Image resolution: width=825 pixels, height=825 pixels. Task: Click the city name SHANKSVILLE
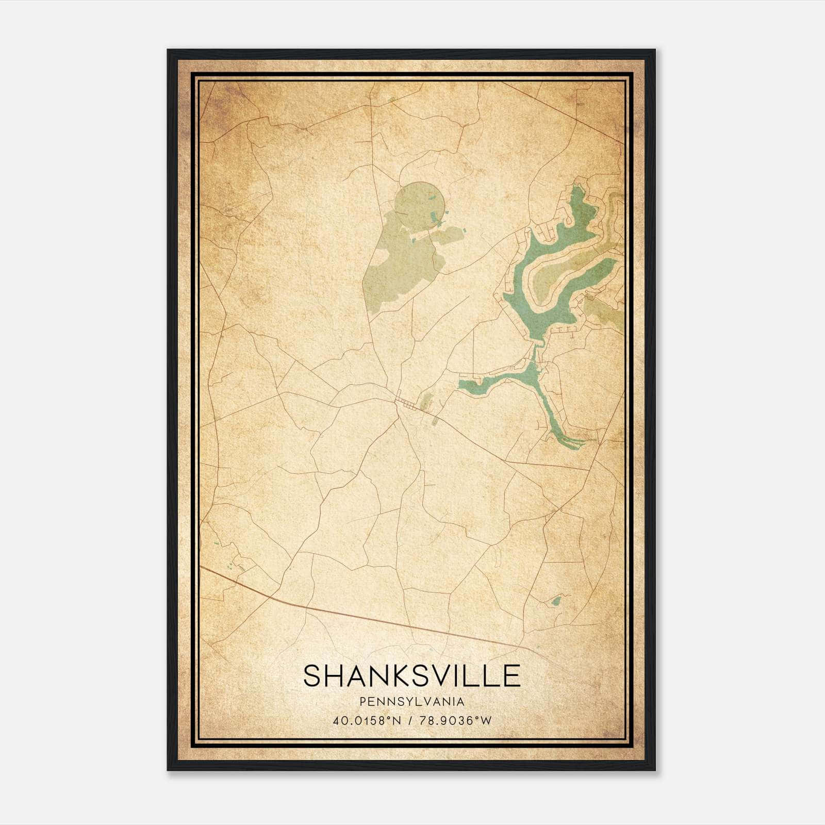click(411, 675)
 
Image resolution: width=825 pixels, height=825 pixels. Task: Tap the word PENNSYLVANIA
click(411, 702)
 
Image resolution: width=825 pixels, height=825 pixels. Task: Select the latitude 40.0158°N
click(367, 721)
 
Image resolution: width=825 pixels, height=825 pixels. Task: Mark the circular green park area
click(418, 207)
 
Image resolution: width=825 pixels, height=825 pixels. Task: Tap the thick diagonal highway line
click(361, 616)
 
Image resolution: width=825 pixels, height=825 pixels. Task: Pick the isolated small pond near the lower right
click(556, 601)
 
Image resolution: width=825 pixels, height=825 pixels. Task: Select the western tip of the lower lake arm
click(461, 384)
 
